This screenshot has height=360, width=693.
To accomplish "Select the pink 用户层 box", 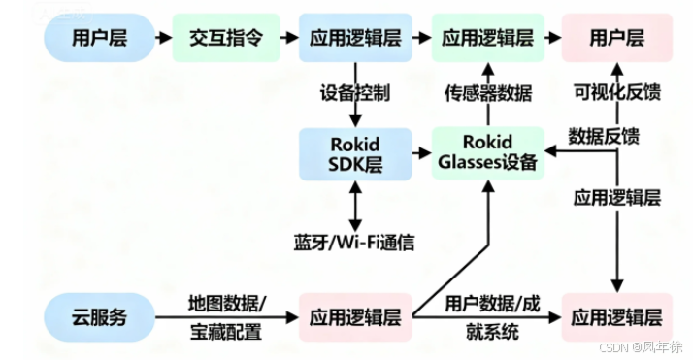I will (x=617, y=38).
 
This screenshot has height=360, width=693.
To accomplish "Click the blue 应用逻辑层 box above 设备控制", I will (x=354, y=38).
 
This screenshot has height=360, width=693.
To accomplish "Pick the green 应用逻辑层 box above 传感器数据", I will (x=487, y=38).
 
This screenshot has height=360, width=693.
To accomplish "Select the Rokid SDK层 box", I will (x=354, y=154).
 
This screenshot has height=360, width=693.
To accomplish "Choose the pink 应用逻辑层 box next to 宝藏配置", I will (x=354, y=317).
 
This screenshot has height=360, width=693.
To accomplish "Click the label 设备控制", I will (x=354, y=93).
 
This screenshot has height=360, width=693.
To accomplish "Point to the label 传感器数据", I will (x=487, y=93).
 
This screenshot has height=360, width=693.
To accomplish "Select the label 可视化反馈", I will (x=617, y=93).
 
